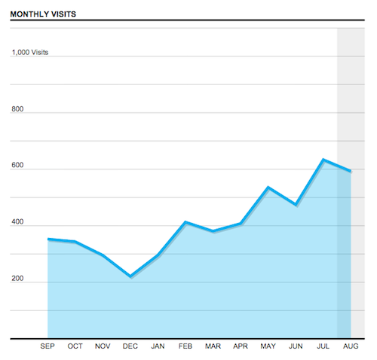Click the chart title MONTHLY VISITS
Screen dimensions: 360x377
[x=43, y=14]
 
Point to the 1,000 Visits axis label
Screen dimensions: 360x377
[x=29, y=53]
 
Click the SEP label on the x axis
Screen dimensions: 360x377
[x=48, y=346]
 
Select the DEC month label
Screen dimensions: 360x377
[x=130, y=346]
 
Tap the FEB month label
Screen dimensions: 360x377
[x=185, y=346]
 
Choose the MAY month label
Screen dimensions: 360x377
[x=268, y=346]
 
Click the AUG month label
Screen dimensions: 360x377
[x=351, y=346]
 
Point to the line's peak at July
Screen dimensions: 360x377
[x=323, y=160]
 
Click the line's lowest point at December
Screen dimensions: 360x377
[x=130, y=276]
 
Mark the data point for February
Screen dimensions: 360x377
[x=185, y=222]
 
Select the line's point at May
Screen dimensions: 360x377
[x=268, y=187]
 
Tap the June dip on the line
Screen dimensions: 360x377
[x=296, y=204]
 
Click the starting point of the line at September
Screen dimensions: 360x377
[x=48, y=239]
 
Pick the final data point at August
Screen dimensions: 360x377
[x=351, y=171]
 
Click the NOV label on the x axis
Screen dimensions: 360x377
[x=103, y=346]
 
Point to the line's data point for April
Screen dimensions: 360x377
[x=241, y=224]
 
